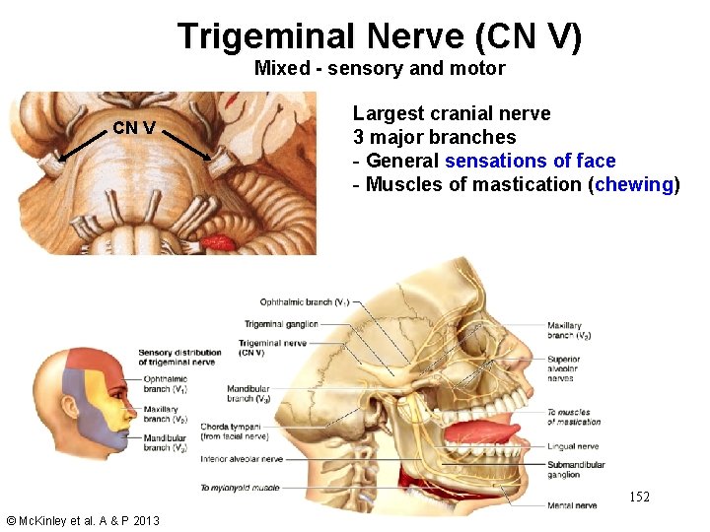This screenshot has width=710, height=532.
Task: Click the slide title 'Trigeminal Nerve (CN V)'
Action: (380, 36)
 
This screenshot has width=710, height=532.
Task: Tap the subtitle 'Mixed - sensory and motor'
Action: (380, 68)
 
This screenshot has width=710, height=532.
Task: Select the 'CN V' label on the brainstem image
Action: (133, 127)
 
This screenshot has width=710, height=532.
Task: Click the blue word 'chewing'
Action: (634, 184)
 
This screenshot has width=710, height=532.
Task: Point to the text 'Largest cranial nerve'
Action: (452, 113)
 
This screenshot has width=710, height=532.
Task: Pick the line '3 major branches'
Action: (434, 137)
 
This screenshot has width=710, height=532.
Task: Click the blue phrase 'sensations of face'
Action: (530, 161)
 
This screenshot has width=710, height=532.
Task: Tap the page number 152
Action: (639, 497)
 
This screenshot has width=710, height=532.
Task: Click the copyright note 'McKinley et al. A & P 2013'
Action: (82, 520)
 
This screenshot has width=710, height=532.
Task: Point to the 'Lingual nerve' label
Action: (573, 446)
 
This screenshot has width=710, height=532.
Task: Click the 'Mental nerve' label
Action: (572, 505)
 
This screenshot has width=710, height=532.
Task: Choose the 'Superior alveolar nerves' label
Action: (564, 367)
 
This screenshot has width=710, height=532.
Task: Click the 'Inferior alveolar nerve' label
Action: (241, 459)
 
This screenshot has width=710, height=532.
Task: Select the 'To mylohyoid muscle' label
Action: (240, 488)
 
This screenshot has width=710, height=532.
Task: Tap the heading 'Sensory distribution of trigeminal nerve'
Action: (177, 358)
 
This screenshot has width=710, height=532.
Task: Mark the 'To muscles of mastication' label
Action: (573, 417)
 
